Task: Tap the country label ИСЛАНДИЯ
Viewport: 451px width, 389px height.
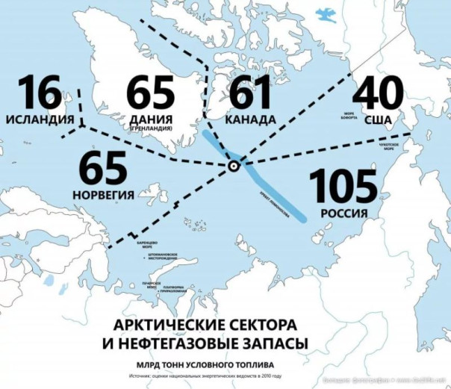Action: point(39,119)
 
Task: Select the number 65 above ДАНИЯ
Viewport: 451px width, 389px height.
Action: point(150,93)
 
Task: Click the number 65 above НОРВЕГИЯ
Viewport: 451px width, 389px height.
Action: point(104,169)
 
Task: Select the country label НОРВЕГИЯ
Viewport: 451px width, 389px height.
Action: point(104,195)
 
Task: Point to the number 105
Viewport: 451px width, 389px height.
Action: point(344,185)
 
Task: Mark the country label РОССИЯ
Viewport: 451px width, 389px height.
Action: point(344,214)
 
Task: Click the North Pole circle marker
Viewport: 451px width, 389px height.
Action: point(234,166)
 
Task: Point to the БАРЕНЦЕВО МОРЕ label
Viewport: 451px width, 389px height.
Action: point(149,247)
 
